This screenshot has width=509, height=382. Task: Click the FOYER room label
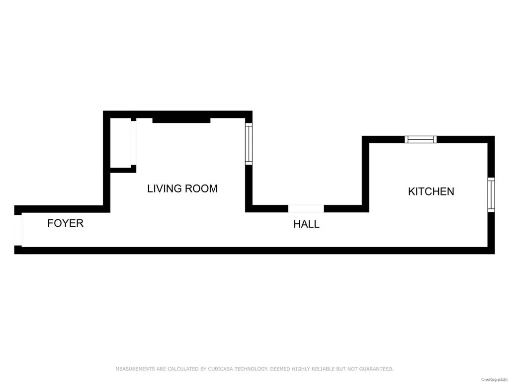pyautogui.click(x=65, y=223)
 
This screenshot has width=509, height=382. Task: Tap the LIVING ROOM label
pyautogui.click(x=182, y=189)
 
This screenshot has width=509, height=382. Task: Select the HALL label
pyautogui.click(x=306, y=224)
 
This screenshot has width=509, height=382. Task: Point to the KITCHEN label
pyautogui.click(x=431, y=191)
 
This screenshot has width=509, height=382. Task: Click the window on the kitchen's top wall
pyautogui.click(x=421, y=139)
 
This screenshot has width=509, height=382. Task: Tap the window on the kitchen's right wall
pyautogui.click(x=491, y=195)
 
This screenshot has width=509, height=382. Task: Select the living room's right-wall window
pyautogui.click(x=249, y=144)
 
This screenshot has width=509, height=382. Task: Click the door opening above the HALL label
pyautogui.click(x=306, y=209)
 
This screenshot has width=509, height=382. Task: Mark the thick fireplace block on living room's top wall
pyautogui.click(x=181, y=120)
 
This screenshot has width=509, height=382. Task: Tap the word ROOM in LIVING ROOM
pyautogui.click(x=201, y=189)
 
